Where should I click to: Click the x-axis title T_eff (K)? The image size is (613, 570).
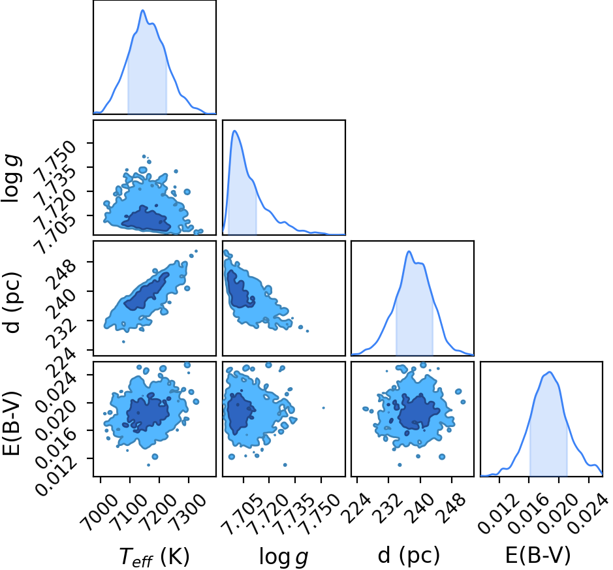tap(155, 556)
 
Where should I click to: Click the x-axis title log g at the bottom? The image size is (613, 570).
tap(284, 556)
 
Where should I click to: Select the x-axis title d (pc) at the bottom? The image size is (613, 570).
tap(409, 555)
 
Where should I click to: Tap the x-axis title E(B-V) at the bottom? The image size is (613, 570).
tap(538, 555)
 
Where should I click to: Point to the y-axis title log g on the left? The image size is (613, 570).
tap(12, 178)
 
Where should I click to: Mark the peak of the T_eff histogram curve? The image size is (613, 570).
tap(143, 10)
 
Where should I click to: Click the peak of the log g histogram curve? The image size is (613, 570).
tap(234, 131)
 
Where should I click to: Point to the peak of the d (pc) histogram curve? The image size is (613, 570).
tap(409, 251)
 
